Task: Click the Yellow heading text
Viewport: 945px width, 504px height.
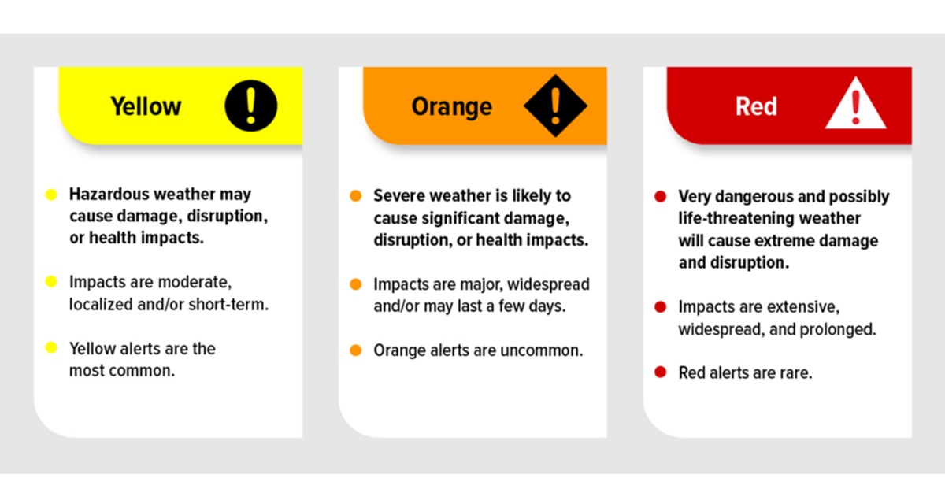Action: click(x=146, y=106)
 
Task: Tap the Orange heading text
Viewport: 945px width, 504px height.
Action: click(x=451, y=106)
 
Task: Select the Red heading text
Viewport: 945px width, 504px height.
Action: click(x=756, y=106)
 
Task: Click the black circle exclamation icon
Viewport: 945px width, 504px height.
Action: click(x=250, y=106)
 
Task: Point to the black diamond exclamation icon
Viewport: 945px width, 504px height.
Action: click(x=556, y=106)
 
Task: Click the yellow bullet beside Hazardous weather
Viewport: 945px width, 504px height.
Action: click(x=51, y=195)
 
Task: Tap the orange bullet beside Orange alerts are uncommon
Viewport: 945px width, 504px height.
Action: click(x=356, y=350)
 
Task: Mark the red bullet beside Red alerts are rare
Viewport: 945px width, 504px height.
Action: click(x=661, y=372)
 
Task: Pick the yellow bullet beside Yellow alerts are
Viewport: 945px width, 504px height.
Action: click(x=51, y=348)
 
